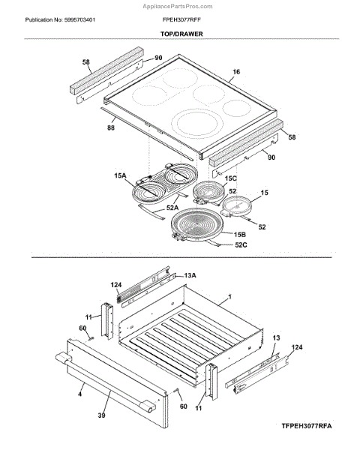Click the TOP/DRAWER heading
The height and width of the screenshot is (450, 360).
pos(181,34)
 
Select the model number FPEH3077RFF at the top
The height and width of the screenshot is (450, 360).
pos(181,19)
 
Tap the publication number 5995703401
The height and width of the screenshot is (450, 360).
pos(79,19)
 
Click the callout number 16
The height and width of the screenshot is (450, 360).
pos(236,72)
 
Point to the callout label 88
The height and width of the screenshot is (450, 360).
pos(111,127)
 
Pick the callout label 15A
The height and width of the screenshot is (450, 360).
pos(120,175)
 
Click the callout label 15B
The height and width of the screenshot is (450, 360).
pos(240,235)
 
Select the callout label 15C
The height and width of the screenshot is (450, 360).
pos(230,178)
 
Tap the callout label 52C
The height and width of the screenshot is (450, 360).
pos(241,244)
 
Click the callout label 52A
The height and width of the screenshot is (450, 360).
pos(172,208)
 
